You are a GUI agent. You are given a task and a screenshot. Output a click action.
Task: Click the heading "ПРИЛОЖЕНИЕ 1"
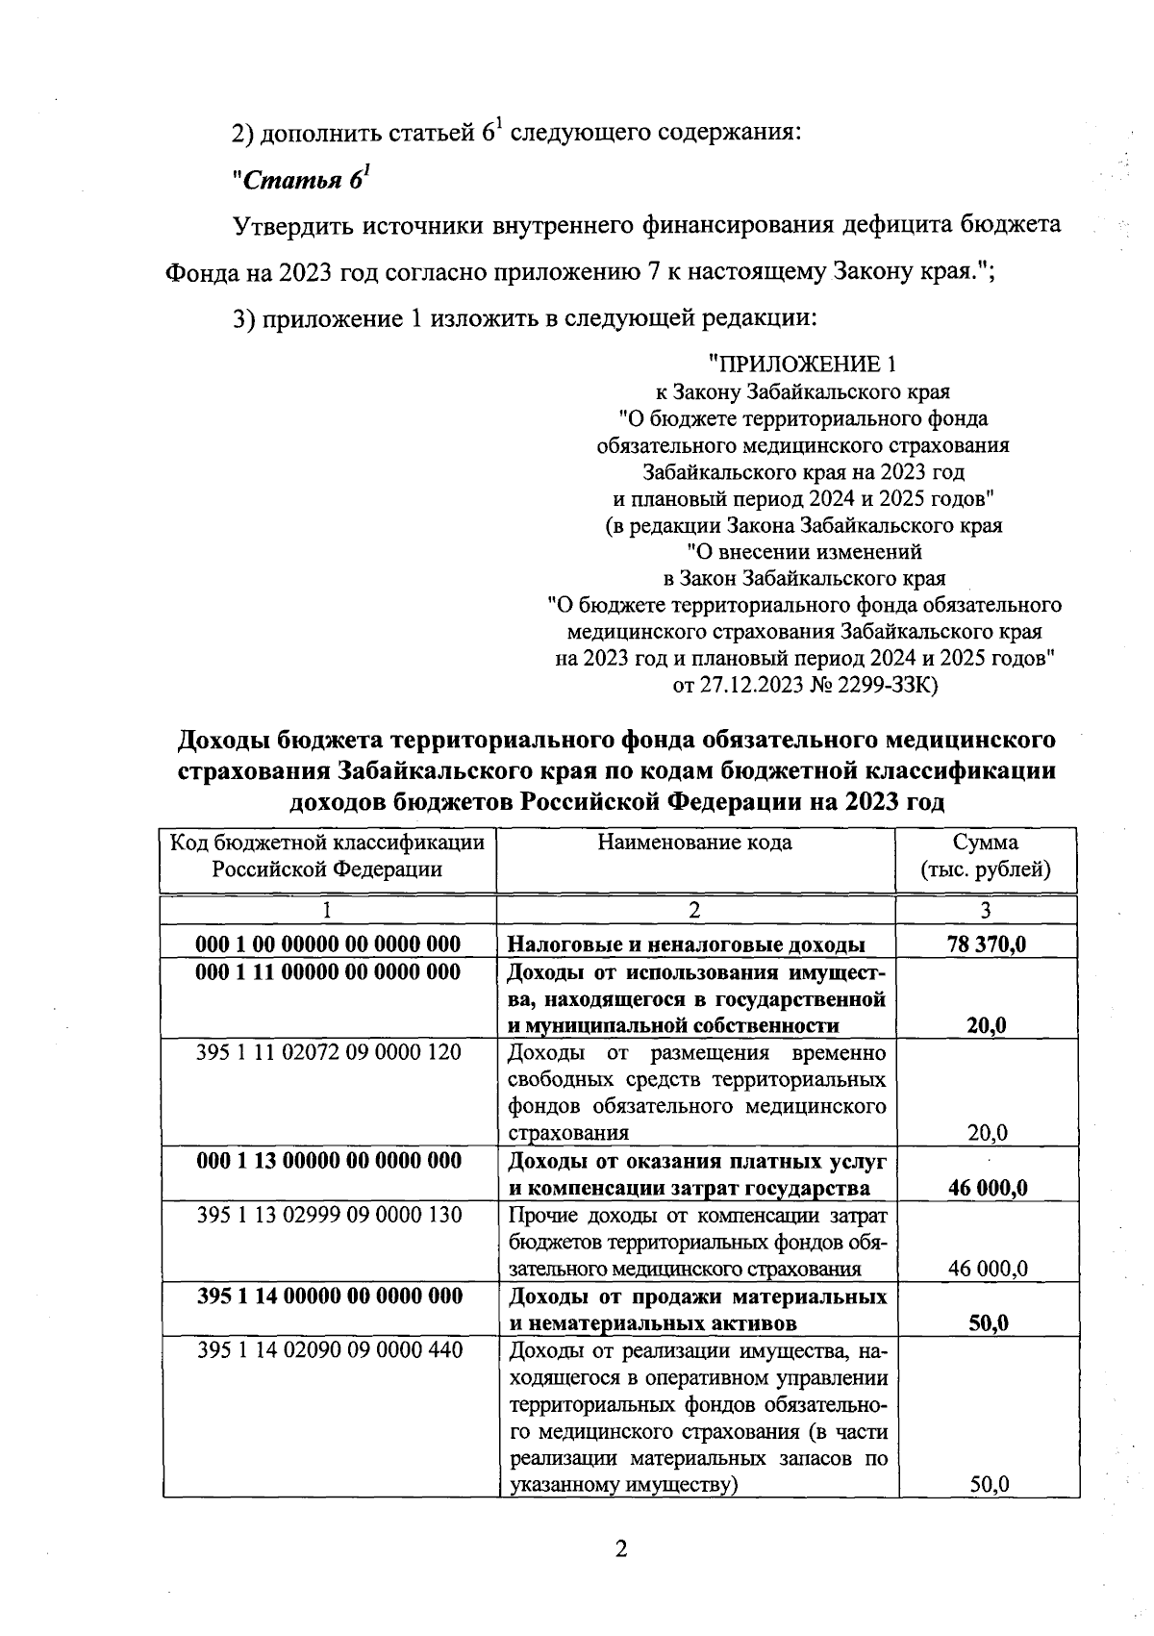point(806,365)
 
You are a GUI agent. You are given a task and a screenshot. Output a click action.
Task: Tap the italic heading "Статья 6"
point(301,180)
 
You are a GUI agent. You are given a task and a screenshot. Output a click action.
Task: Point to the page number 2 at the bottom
point(620,1549)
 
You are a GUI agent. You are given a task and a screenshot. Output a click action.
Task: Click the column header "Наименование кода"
point(695,843)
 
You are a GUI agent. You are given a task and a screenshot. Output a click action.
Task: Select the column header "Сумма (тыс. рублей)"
point(985,856)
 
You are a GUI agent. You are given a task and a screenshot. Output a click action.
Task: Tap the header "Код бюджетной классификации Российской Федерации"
point(328,856)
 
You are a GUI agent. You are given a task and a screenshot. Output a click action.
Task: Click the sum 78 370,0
point(987,944)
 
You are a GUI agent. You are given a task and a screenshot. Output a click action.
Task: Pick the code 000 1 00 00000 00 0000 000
point(328,944)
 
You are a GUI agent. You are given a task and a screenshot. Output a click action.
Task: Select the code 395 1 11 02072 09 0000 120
point(329,1052)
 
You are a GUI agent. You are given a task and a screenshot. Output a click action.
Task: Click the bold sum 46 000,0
point(987,1188)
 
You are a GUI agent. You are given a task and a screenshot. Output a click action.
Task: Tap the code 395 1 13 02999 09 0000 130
point(329,1215)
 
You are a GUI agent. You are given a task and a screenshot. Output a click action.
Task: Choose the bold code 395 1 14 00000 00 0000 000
point(329,1296)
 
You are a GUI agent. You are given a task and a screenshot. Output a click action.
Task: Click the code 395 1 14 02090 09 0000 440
point(329,1350)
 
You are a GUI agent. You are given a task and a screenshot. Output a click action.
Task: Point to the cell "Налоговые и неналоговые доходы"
point(686,944)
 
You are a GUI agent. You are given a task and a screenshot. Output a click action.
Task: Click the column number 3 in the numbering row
point(985,910)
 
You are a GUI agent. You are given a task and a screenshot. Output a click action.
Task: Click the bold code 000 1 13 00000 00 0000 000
point(329,1161)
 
